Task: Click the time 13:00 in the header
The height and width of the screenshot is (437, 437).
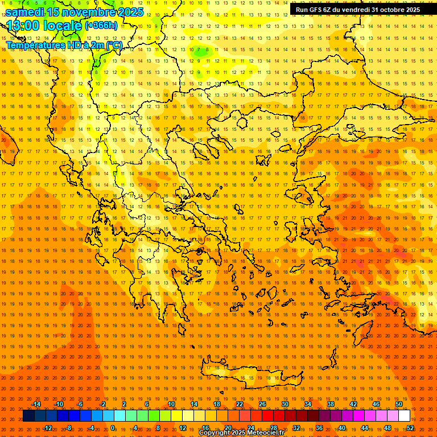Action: click(23, 25)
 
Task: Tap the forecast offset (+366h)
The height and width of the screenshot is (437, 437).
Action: click(101, 26)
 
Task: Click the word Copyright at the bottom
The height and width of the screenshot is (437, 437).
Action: click(216, 433)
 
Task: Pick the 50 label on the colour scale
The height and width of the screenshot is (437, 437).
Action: click(399, 404)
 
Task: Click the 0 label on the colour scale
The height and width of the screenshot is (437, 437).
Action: click(113, 428)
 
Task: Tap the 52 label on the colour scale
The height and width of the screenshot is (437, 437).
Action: click(410, 428)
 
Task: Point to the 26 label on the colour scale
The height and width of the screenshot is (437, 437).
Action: click(262, 404)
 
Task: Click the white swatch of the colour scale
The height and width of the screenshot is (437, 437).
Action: click(404, 416)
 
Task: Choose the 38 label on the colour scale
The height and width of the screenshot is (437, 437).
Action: click(331, 404)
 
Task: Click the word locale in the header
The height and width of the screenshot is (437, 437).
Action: click(62, 25)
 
